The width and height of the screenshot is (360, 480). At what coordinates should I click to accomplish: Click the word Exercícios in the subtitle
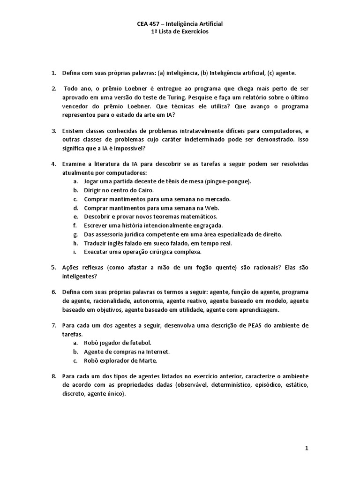pyautogui.click(x=195, y=32)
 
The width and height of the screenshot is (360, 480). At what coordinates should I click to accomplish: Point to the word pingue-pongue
pyautogui.click(x=232, y=181)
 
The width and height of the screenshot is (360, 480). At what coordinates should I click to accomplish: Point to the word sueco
pyautogui.click(x=160, y=243)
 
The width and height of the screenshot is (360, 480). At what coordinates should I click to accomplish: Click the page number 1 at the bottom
pyautogui.click(x=307, y=448)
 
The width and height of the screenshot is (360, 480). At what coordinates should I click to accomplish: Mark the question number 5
pyautogui.click(x=53, y=267)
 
